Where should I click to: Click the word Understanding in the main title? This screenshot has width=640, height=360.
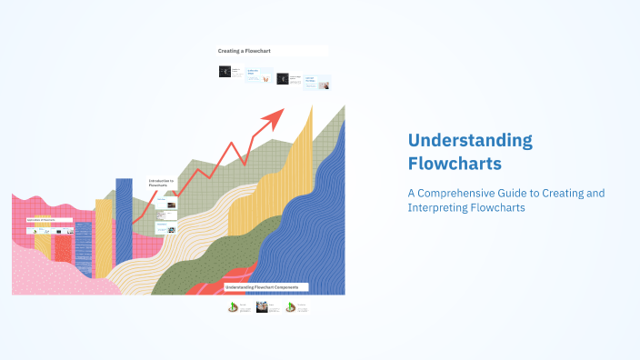click(469, 141)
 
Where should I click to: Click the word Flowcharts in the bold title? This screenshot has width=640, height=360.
click(454, 165)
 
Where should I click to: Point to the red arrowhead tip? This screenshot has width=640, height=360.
click(282, 110)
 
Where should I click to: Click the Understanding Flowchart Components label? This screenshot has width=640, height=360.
click(261, 286)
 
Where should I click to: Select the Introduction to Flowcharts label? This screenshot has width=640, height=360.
click(162, 183)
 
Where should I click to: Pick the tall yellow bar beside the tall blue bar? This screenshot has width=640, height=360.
click(104, 236)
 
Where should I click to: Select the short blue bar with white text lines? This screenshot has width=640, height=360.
click(84, 247)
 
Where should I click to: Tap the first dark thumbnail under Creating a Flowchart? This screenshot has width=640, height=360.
click(225, 71)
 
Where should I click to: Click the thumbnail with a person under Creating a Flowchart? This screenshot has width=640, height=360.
click(323, 85)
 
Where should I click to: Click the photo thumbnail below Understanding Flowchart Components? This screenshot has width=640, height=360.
click(261, 307)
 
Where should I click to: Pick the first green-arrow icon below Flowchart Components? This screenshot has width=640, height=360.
click(233, 307)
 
